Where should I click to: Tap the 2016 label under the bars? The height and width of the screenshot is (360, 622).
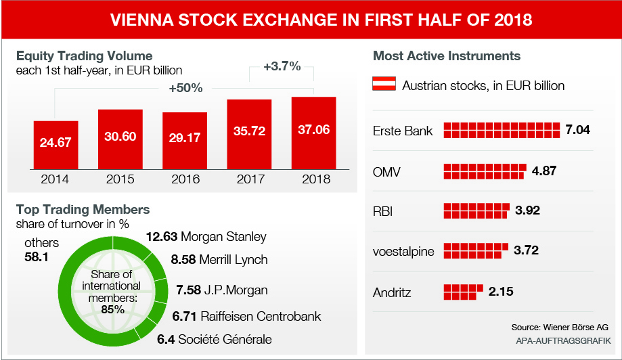click(185, 179)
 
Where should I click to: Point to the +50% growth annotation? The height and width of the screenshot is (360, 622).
click(186, 88)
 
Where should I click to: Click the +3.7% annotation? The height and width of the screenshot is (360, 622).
click(282, 66)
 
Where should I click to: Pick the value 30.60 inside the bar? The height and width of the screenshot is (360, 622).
click(120, 136)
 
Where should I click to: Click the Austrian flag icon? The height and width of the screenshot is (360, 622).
click(384, 85)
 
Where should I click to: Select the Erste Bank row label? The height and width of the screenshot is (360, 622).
click(403, 131)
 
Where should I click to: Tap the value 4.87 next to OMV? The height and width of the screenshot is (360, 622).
click(544, 171)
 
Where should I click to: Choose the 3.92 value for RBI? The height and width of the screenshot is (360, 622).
click(527, 210)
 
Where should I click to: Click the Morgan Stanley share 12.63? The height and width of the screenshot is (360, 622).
click(162, 237)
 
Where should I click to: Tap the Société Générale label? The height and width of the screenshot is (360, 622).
click(225, 339)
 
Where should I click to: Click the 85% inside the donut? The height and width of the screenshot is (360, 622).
click(113, 309)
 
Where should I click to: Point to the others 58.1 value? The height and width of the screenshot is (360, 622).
click(36, 257)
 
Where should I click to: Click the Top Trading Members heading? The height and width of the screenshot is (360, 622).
click(83, 210)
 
